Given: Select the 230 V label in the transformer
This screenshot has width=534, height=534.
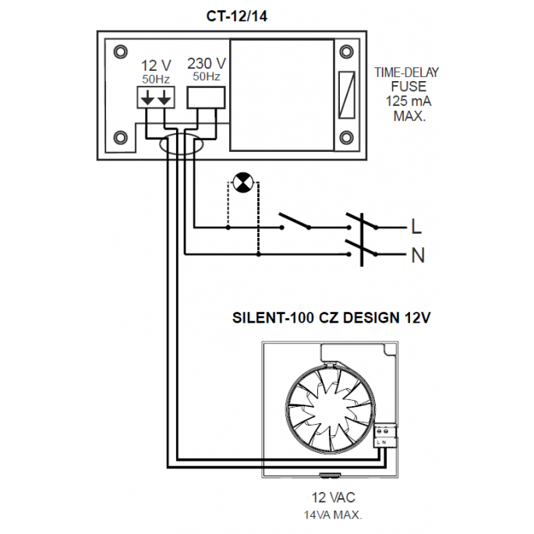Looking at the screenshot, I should tap(207, 63).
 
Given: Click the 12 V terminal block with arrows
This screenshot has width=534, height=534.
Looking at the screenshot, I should tap(156, 98).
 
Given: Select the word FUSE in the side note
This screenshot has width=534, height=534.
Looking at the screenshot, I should tap(405, 87).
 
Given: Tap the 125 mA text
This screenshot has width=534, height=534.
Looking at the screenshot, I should tap(405, 102).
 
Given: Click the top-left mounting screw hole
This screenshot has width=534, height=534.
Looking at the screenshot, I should tap(119, 52).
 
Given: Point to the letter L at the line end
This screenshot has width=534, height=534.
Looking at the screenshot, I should tap(416, 228).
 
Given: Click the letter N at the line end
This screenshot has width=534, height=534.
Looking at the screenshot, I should tap(417, 254).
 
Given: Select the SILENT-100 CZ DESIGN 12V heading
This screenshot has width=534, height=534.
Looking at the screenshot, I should tap(332, 318).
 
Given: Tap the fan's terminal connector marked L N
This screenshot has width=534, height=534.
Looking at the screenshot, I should tap(384, 434).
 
